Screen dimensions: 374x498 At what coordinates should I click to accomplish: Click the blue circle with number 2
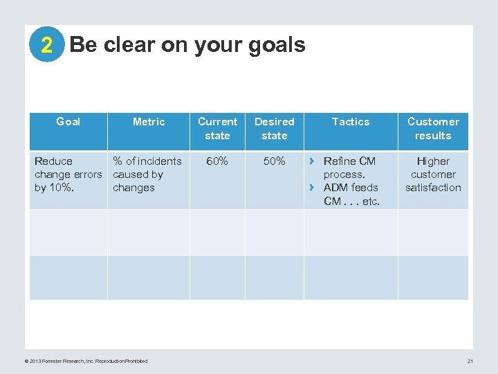pyautogui.click(x=46, y=46)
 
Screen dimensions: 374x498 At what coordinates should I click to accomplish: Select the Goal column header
pyautogui.click(x=68, y=122)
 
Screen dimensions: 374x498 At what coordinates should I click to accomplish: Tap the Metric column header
pyautogui.click(x=149, y=122)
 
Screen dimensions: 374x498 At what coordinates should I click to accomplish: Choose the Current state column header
pyautogui.click(x=217, y=129)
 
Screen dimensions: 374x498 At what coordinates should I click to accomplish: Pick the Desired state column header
pyautogui.click(x=274, y=129)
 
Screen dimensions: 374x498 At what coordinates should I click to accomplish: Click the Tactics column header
pyautogui.click(x=351, y=122)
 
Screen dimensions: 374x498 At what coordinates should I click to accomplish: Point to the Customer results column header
pyautogui.click(x=433, y=129)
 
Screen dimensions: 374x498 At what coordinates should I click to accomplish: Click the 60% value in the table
pyautogui.click(x=217, y=161)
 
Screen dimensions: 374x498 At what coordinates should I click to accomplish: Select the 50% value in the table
pyautogui.click(x=274, y=161)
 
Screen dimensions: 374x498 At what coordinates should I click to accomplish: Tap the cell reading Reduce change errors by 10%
pyautogui.click(x=68, y=175)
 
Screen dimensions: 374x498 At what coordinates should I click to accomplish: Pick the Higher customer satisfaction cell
pyautogui.click(x=433, y=175)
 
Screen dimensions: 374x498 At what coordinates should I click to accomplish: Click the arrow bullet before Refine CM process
pyautogui.click(x=312, y=161)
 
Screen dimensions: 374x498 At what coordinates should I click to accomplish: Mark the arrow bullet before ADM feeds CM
pyautogui.click(x=312, y=188)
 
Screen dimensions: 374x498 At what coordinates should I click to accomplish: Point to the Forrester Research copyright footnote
pyautogui.click(x=86, y=361)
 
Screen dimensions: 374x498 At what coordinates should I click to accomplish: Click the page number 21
pyautogui.click(x=470, y=361)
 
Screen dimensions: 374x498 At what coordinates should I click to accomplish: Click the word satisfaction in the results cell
pyautogui.click(x=433, y=188)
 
